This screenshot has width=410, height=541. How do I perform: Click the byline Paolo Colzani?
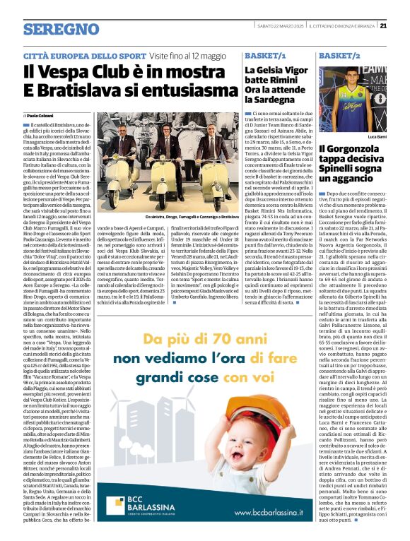(41, 114)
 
